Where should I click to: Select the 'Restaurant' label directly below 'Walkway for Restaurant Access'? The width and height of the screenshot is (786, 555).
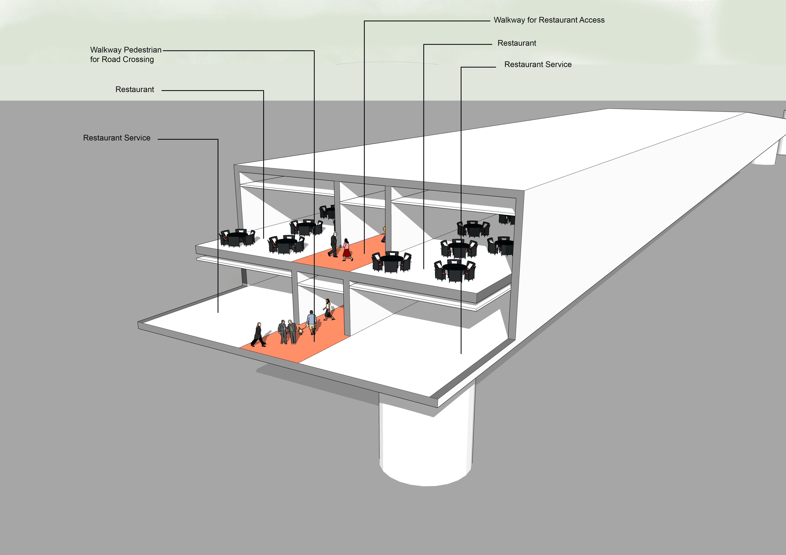517,43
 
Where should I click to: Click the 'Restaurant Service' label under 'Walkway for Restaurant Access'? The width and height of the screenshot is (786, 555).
538,65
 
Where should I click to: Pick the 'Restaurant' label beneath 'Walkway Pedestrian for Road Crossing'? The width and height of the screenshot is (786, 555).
135,90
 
